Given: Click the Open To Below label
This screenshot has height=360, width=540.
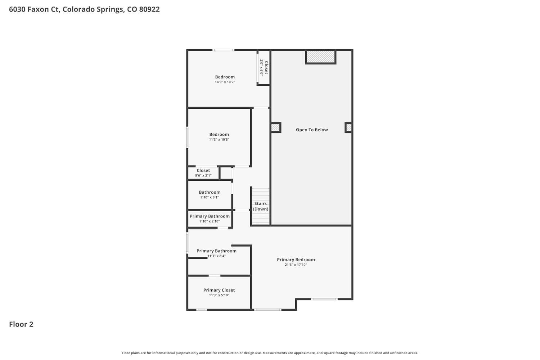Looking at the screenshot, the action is click(312, 130).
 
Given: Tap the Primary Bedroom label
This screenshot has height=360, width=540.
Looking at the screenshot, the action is click(296, 260).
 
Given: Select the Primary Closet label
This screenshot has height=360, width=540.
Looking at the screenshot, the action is click(219, 290).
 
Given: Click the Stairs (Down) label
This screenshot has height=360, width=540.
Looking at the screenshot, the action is click(261, 206).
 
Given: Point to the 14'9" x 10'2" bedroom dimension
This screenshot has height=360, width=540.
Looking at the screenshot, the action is click(225, 82).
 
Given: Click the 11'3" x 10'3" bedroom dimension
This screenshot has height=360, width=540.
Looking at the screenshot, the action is click(219, 140).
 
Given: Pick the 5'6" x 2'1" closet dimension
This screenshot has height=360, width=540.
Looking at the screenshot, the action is click(203, 176).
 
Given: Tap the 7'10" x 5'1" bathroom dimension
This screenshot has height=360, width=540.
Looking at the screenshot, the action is click(210, 197).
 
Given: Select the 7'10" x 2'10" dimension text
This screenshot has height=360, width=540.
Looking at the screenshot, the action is click(210, 221).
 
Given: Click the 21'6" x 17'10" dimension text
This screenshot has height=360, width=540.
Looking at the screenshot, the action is click(296, 265).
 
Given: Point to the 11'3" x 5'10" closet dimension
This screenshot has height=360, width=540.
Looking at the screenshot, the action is click(219, 295).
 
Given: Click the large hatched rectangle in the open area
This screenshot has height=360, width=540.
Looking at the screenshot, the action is click(321, 57).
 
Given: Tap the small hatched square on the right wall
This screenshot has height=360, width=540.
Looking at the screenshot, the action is click(348, 128).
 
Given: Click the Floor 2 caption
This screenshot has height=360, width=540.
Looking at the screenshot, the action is click(21, 324).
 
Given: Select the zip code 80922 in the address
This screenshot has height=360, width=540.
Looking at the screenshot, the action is click(149, 9).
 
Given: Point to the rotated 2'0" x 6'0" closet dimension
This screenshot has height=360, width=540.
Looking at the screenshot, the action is click(261, 68).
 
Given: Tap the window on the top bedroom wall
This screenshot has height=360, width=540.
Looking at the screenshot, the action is click(223, 50).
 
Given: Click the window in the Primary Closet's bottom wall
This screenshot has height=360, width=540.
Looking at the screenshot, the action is click(202, 310).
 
